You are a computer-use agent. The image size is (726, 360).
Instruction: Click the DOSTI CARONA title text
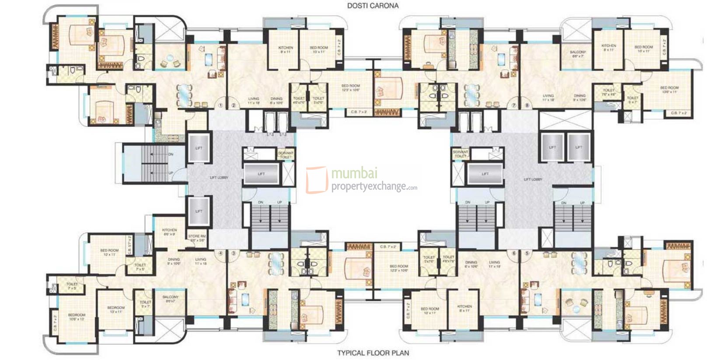(373, 6)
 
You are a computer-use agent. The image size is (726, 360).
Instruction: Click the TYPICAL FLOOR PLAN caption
(373, 353)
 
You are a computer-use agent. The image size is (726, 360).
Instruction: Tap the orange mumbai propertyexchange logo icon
(316, 180)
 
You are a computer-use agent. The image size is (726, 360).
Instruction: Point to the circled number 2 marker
(234, 105)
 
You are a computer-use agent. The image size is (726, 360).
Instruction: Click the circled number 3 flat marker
(234, 253)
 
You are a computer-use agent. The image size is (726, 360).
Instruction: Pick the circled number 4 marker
(221, 253)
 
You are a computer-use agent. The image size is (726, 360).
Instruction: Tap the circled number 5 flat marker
(527, 253)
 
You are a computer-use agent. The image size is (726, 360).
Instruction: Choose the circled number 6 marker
(514, 253)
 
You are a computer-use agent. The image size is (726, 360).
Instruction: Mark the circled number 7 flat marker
(514, 105)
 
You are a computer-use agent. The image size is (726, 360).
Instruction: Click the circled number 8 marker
(527, 105)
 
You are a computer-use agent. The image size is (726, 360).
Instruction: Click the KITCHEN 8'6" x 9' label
(169, 232)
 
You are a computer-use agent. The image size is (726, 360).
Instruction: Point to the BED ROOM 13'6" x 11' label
(669, 90)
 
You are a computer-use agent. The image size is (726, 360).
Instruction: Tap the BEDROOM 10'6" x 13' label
(77, 317)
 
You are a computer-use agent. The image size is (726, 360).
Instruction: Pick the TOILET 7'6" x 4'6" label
(609, 92)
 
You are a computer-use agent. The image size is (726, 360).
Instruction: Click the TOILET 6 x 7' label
(632, 100)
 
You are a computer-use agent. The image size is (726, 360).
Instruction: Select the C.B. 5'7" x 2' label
(129, 246)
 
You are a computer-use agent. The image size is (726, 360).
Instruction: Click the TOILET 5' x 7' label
(145, 304)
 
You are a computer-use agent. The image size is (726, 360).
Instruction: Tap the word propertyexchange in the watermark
(368, 187)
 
